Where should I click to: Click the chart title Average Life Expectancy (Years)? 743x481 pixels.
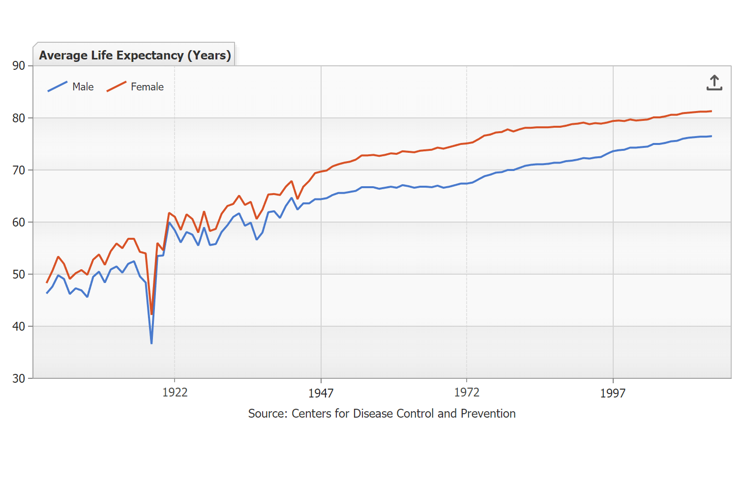[x=135, y=55]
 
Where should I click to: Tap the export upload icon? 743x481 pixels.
[x=714, y=83]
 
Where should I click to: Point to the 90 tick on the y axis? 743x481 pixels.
[x=19, y=66]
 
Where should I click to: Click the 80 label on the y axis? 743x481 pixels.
[x=19, y=118]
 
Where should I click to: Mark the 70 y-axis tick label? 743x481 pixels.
[x=19, y=170]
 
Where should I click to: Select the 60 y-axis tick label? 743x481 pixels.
[x=19, y=222]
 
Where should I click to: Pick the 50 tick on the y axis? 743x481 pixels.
[x=19, y=274]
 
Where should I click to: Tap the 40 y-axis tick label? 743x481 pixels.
[x=19, y=326]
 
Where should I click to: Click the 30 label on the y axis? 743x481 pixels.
[x=19, y=378]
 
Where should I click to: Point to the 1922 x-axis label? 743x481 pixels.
[x=175, y=392]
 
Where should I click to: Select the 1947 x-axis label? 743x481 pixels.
[x=321, y=393]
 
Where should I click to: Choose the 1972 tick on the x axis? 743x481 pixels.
[x=467, y=392]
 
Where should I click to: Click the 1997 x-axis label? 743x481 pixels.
[x=613, y=393]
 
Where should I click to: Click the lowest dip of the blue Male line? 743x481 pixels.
[x=151, y=343]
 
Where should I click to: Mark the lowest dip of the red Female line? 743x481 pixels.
[x=151, y=314]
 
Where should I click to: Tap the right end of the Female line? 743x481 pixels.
[x=711, y=111]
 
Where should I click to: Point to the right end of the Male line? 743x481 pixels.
[x=711, y=136]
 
